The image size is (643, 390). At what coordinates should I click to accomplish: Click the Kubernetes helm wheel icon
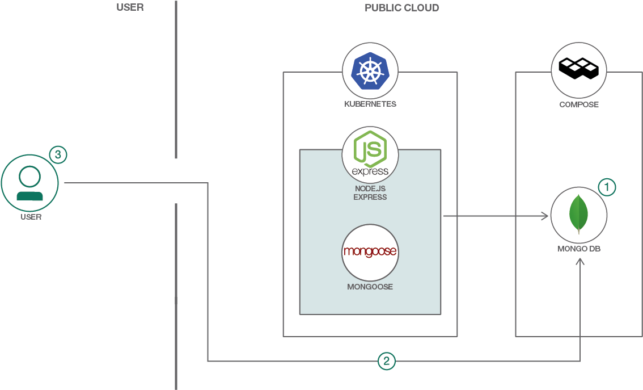[370, 71]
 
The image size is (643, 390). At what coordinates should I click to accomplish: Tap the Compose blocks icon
[579, 69]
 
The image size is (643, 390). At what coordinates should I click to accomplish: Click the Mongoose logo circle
[370, 252]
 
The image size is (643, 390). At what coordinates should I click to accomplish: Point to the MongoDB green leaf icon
[578, 214]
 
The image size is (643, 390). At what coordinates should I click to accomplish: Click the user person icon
[29, 183]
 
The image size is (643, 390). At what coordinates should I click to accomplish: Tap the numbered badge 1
[607, 187]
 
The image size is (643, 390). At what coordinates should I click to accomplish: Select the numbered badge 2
[387, 360]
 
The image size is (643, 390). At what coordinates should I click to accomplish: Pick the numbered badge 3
[58, 154]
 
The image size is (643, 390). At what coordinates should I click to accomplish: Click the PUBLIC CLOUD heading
[401, 8]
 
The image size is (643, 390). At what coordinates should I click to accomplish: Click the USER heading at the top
[130, 8]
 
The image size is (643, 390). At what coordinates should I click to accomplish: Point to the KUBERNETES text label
[370, 104]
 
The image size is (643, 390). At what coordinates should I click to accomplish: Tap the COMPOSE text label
[579, 104]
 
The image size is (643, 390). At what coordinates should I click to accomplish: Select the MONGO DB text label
[579, 249]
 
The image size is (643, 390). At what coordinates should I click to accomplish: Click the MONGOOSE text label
[370, 287]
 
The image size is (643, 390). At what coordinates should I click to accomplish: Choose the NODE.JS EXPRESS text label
[370, 193]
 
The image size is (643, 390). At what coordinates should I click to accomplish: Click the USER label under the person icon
[31, 217]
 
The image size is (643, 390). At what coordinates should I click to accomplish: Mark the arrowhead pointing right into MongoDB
[545, 216]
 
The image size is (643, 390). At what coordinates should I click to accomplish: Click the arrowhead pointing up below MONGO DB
[579, 263]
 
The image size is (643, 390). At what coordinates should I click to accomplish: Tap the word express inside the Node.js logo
[370, 171]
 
